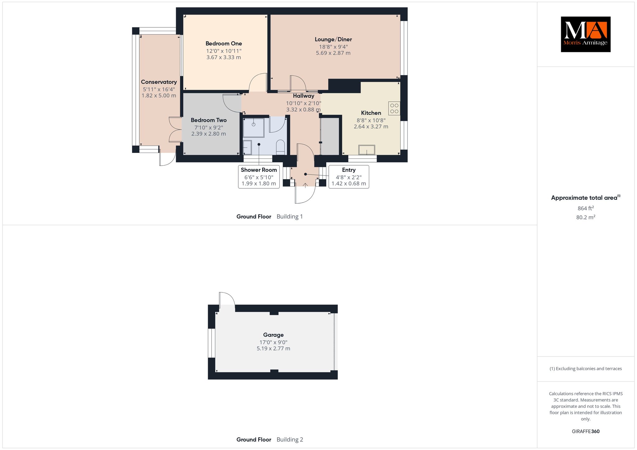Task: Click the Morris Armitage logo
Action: click(586, 34)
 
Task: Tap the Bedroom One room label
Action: click(224, 44)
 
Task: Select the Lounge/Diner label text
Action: click(333, 39)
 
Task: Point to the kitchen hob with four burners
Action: click(394, 108)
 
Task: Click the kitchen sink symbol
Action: click(367, 150)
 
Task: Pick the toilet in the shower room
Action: click(281, 147)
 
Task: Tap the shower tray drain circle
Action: click(253, 124)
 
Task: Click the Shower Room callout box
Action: click(259, 177)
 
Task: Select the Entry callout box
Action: click(349, 177)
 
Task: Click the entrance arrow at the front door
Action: click(305, 185)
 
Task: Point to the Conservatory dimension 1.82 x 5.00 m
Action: click(159, 95)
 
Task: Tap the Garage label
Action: click(273, 335)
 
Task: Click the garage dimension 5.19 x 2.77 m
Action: click(273, 348)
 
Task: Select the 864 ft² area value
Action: click(586, 208)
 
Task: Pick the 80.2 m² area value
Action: click(586, 217)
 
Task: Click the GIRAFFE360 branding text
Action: click(586, 431)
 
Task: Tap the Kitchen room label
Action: click(371, 113)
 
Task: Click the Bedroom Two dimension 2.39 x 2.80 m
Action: click(209, 134)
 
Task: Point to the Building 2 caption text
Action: click(290, 439)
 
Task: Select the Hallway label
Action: click(304, 96)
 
